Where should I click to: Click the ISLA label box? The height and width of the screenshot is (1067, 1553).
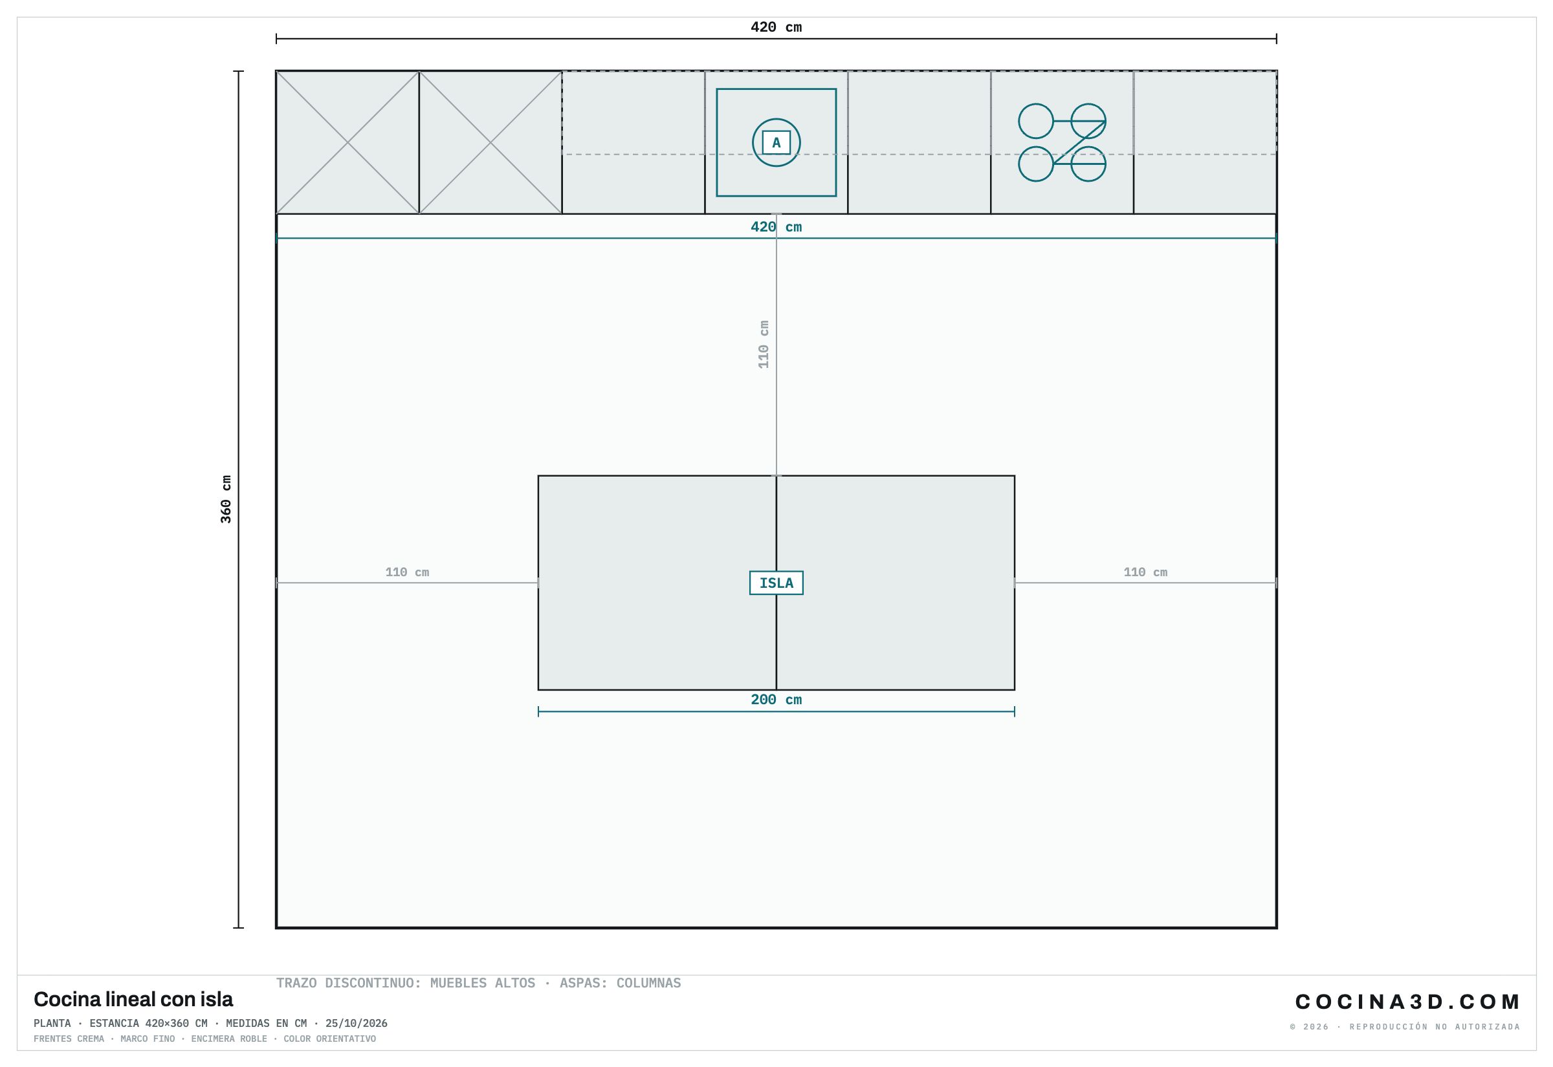point(776,583)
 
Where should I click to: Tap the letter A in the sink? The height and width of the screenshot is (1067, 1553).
point(776,142)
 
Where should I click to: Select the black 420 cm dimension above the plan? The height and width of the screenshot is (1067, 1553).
point(776,27)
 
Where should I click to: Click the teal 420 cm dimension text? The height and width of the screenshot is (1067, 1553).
point(776,228)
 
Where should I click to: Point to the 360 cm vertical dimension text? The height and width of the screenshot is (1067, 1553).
point(226,499)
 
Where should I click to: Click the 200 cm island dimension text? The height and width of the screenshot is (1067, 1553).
point(776,700)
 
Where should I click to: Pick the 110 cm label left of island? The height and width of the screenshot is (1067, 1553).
point(407,572)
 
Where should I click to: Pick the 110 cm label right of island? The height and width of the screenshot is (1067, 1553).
point(1145,572)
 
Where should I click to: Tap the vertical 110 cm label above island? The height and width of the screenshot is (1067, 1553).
point(763,344)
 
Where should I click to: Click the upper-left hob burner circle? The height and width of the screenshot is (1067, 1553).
point(1036,121)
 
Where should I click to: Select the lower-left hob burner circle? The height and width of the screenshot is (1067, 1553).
point(1036,164)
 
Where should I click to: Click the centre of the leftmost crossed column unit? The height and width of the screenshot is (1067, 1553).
point(347,142)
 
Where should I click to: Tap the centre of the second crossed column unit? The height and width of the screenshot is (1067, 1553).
point(490,142)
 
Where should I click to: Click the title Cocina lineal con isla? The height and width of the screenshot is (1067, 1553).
point(133,1000)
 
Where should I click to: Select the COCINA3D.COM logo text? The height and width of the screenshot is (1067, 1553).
point(1407,1002)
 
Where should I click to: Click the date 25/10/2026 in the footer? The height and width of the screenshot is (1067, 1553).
point(357,1024)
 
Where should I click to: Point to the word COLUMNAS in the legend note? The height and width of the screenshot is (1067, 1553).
point(649,983)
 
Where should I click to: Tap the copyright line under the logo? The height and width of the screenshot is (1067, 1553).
point(1405,1027)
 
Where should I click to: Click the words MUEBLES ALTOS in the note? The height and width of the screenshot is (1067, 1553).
point(483,983)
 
